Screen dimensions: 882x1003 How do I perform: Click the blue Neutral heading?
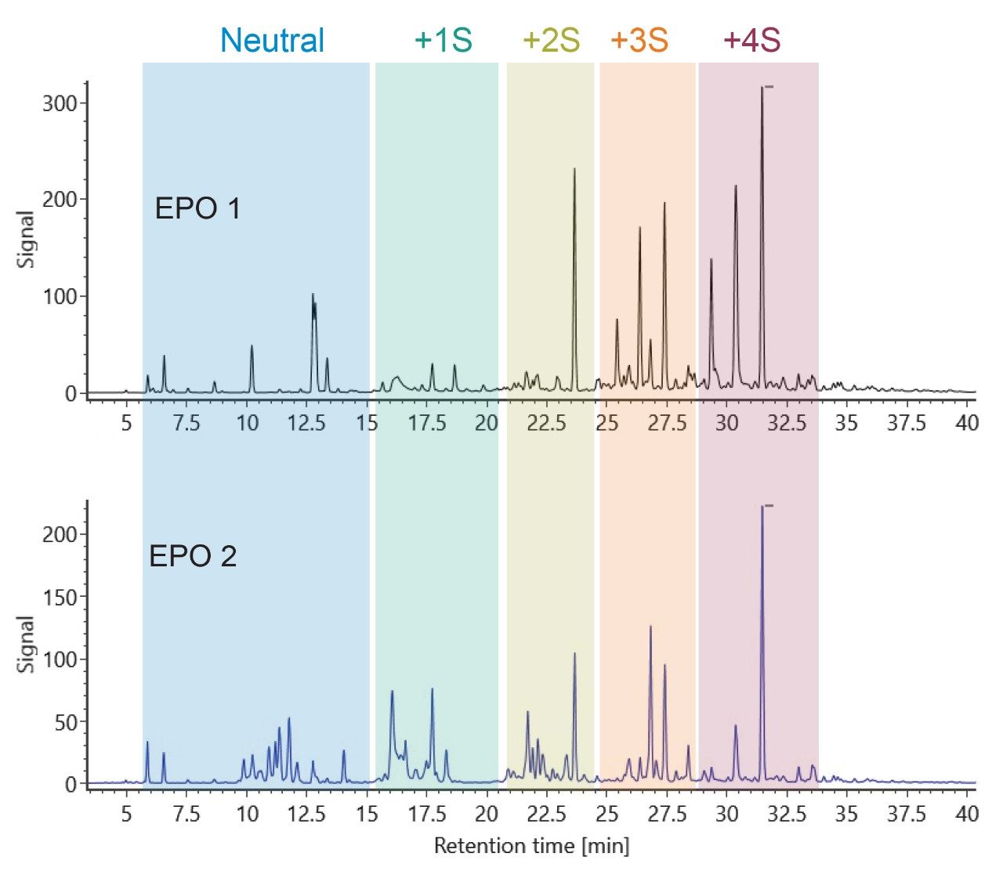[x=272, y=41]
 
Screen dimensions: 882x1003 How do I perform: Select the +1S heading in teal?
[x=443, y=41]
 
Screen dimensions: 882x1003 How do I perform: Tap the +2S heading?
[x=551, y=41]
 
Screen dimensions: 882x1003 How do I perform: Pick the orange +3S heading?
[x=639, y=41]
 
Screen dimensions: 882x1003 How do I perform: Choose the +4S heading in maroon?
[x=751, y=41]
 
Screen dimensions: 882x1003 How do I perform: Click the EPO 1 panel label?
[x=197, y=209]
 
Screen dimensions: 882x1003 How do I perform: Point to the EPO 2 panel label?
[x=193, y=557]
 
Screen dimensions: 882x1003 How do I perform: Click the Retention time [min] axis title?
[x=531, y=846]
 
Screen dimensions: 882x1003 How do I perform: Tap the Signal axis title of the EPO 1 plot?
[x=27, y=239]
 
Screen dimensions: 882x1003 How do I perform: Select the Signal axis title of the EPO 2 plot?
[x=27, y=644]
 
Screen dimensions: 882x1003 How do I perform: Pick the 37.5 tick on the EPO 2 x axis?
[x=907, y=815]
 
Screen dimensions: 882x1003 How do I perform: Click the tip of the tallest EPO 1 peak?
[x=762, y=88]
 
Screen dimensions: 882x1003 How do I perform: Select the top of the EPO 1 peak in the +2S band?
[x=574, y=169]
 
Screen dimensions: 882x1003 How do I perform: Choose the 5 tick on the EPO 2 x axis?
[x=126, y=815]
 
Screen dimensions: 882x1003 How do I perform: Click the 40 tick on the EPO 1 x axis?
[x=968, y=423]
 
